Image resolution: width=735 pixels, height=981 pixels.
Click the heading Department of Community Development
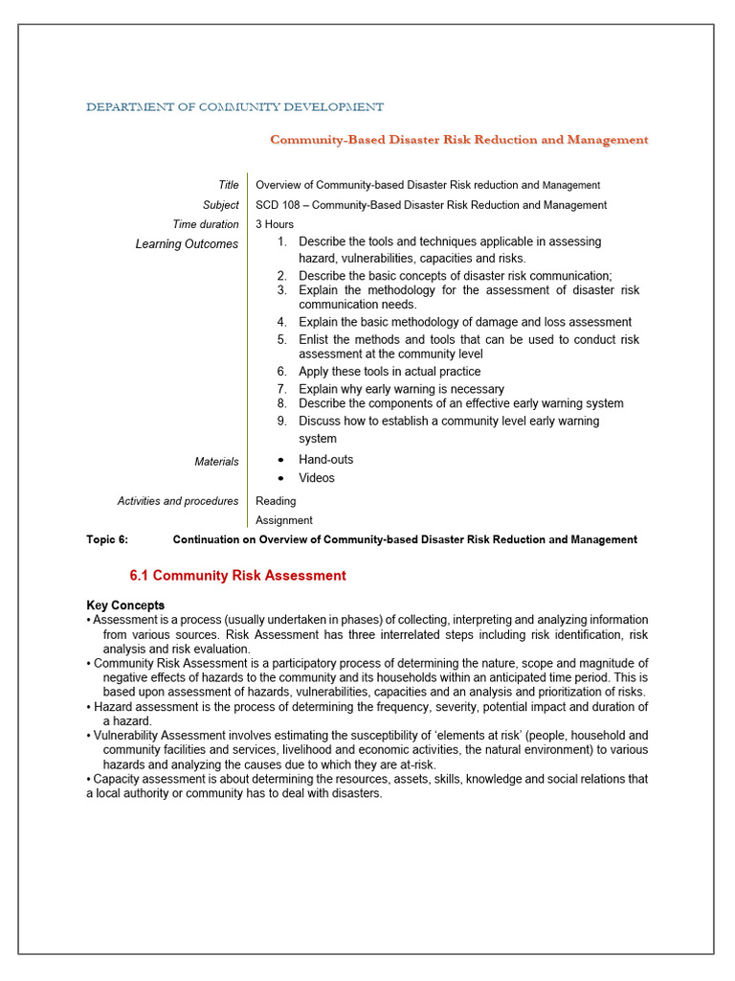click(234, 107)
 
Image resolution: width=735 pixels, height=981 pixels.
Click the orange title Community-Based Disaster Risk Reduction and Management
click(458, 140)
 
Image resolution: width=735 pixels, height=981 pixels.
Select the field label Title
click(228, 185)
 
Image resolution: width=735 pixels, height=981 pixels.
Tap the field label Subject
click(220, 205)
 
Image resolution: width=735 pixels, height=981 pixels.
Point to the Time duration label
click(205, 224)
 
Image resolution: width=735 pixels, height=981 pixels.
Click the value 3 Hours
click(275, 224)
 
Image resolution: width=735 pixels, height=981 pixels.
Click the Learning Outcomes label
click(187, 244)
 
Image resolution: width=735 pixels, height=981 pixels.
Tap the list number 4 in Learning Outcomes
click(282, 322)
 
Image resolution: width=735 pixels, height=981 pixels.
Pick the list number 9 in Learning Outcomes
click(282, 421)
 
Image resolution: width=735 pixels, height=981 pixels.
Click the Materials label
click(216, 462)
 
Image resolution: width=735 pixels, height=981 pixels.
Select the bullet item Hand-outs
click(325, 460)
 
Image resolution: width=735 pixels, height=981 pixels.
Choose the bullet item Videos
click(316, 478)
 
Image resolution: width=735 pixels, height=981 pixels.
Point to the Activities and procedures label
click(178, 501)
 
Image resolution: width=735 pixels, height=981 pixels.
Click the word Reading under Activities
click(276, 501)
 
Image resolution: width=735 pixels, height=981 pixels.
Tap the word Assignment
click(283, 520)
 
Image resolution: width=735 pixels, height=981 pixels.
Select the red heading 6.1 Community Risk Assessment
click(237, 576)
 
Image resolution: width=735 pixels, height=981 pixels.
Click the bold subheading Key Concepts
click(125, 605)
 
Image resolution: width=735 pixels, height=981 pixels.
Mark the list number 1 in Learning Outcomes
click(282, 241)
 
